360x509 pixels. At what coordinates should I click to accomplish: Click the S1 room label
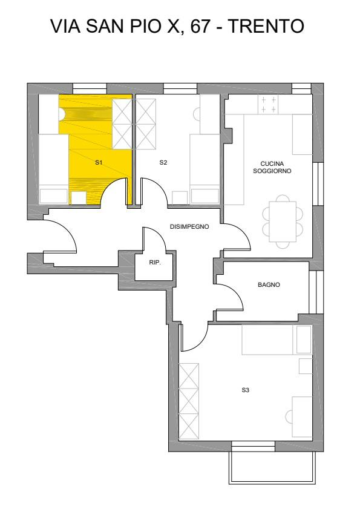click(x=99, y=162)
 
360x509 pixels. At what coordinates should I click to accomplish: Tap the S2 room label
click(x=163, y=162)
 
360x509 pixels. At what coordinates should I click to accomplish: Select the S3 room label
click(x=246, y=390)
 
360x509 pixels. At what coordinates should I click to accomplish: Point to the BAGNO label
click(x=269, y=284)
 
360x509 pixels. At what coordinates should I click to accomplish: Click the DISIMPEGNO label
click(x=189, y=226)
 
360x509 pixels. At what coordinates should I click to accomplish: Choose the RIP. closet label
click(x=155, y=263)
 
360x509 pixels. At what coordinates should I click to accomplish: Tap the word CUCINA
click(x=272, y=164)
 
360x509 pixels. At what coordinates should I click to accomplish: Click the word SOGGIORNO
click(x=272, y=171)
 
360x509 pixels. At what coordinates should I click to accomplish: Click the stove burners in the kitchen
click(x=269, y=105)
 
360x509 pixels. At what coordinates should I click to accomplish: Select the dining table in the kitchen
click(x=283, y=222)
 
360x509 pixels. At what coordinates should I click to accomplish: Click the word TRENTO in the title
click(x=266, y=26)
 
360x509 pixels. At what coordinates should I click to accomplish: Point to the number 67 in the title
click(x=200, y=26)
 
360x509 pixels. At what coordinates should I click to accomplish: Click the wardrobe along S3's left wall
click(x=189, y=401)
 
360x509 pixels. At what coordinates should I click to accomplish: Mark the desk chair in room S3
click(x=289, y=417)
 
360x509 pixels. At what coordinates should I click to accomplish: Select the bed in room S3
click(x=277, y=340)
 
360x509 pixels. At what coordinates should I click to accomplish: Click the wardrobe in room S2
click(x=145, y=124)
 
